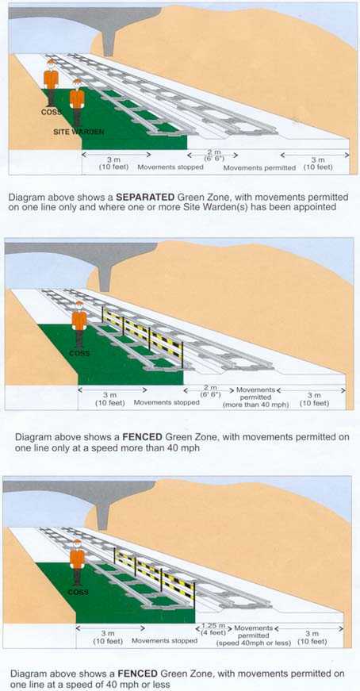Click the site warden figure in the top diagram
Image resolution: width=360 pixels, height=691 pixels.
point(77,100)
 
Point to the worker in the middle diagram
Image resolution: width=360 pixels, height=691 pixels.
point(79,325)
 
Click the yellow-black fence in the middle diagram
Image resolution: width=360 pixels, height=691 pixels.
point(143,331)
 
